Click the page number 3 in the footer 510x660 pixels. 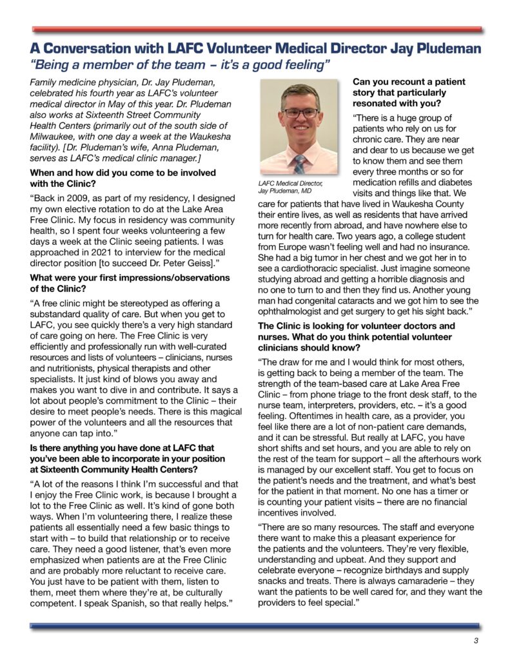[x=475, y=640]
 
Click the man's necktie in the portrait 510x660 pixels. [x=299, y=164]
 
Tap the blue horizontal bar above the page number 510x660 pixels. [x=255, y=625]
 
